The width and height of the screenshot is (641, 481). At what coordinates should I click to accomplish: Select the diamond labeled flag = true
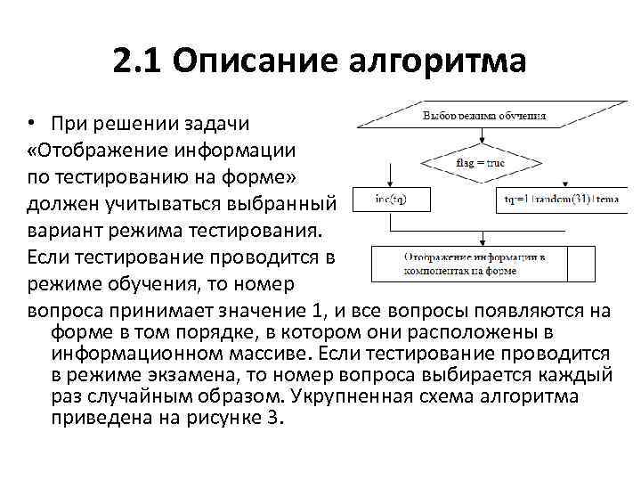(481, 163)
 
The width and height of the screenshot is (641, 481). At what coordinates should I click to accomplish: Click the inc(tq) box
(392, 199)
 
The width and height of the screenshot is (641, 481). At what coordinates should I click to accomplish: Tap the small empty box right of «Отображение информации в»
(581, 263)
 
